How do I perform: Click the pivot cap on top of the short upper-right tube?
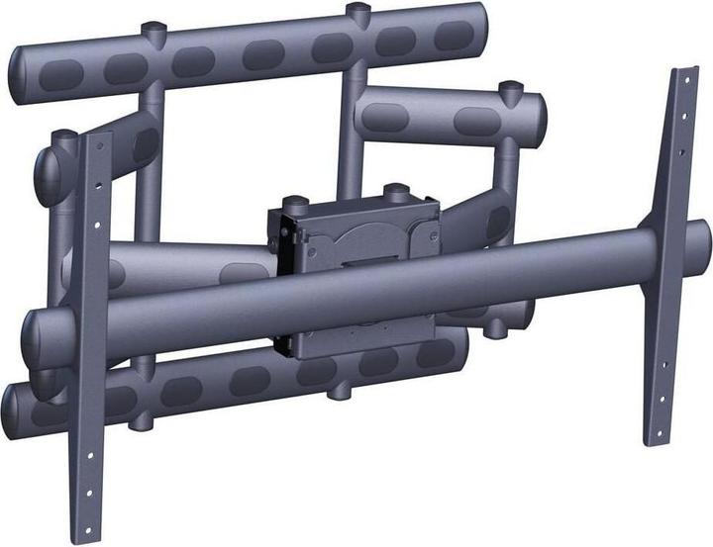(x=510, y=91)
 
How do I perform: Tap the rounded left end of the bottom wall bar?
(x=14, y=404)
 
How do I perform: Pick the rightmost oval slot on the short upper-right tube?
(x=475, y=120)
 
